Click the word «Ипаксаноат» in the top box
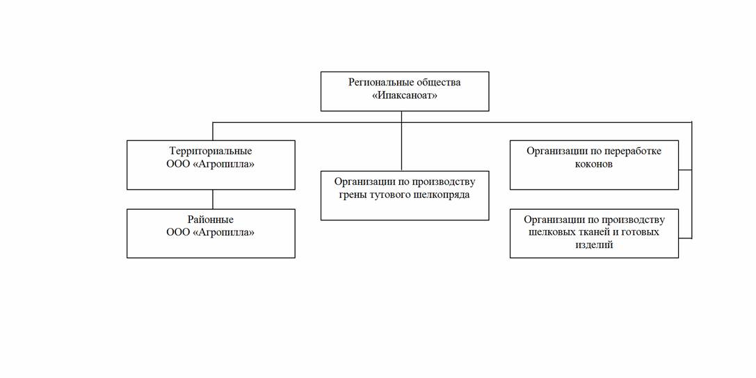point(405,95)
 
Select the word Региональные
point(380,83)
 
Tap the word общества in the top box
point(437,82)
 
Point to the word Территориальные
point(211,151)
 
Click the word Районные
point(211,220)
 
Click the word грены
point(351,195)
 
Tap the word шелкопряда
point(442,195)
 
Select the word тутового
point(389,195)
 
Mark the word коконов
point(593,164)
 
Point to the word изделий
point(594,245)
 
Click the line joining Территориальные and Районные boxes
point(213,199)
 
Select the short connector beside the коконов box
point(685,170)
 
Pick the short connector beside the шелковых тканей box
point(685,238)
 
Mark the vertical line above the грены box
point(401,141)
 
